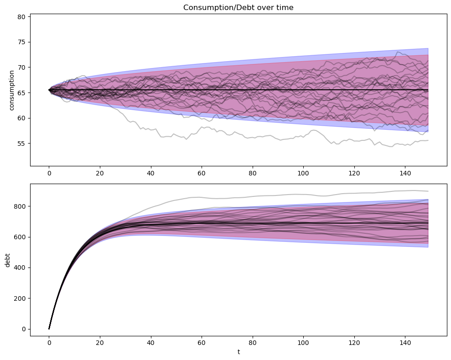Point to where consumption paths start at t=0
(x=49, y=90)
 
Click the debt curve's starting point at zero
(x=49, y=329)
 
